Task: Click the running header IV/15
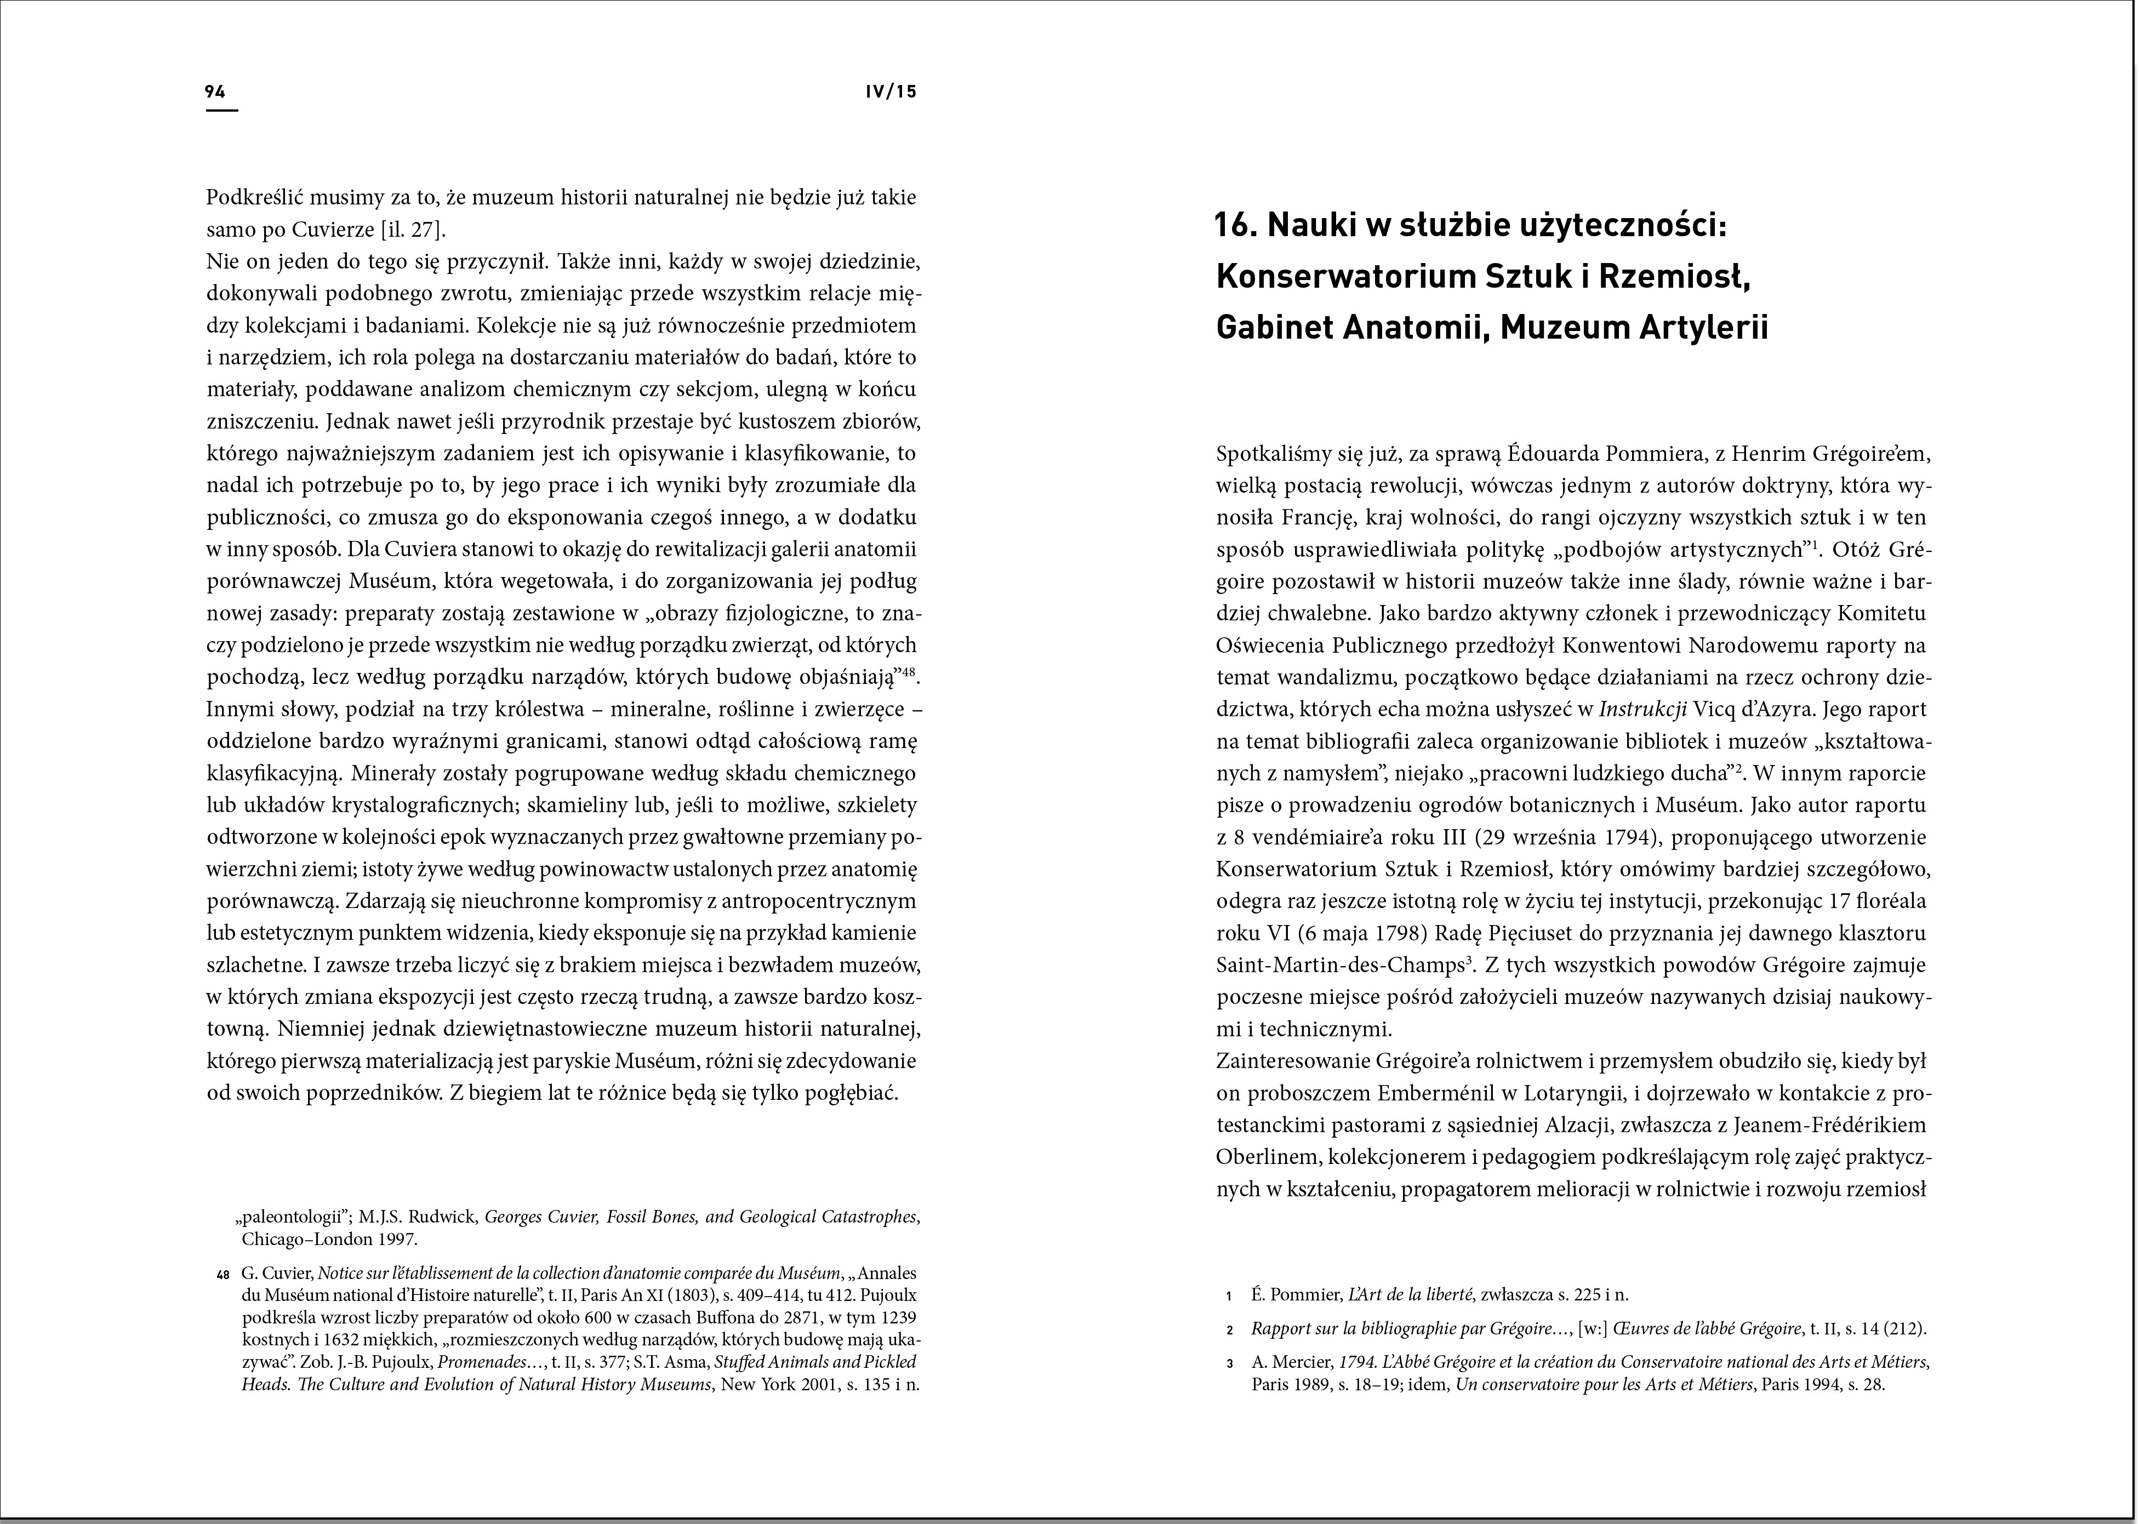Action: point(891,92)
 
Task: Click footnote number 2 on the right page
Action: point(1229,1330)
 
